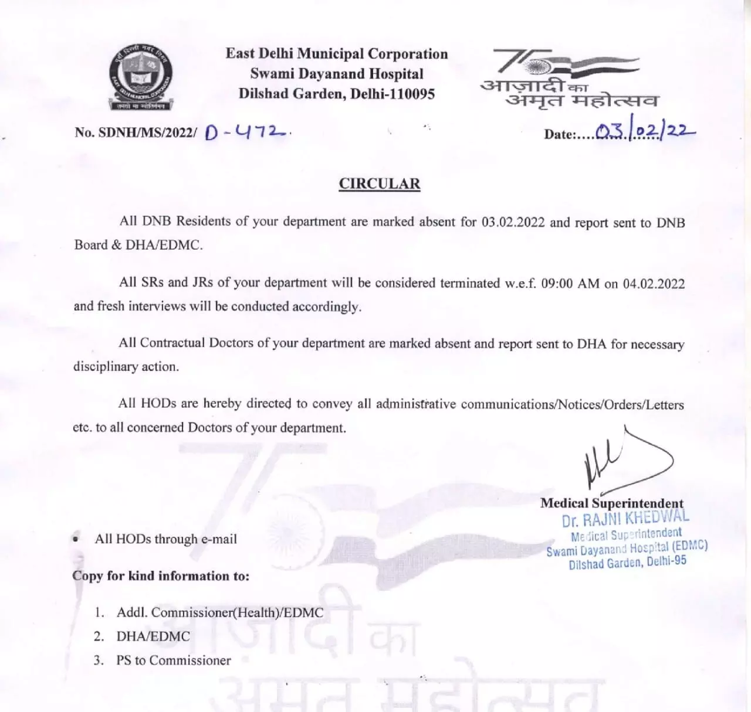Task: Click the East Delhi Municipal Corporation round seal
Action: click(x=141, y=78)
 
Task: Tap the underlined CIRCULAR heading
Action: click(x=380, y=184)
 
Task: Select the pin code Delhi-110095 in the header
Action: click(x=393, y=94)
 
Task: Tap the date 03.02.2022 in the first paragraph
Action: click(x=513, y=223)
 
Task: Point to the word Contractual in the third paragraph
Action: click(x=172, y=343)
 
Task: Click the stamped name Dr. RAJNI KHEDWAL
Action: click(x=625, y=519)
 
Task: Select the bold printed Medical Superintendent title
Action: click(x=611, y=503)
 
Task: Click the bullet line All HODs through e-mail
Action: click(x=165, y=539)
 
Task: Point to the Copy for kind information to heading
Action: click(x=161, y=576)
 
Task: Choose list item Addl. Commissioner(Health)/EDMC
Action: click(x=219, y=613)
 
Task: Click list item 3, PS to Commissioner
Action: click(x=173, y=660)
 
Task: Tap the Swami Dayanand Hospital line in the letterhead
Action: click(x=337, y=74)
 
